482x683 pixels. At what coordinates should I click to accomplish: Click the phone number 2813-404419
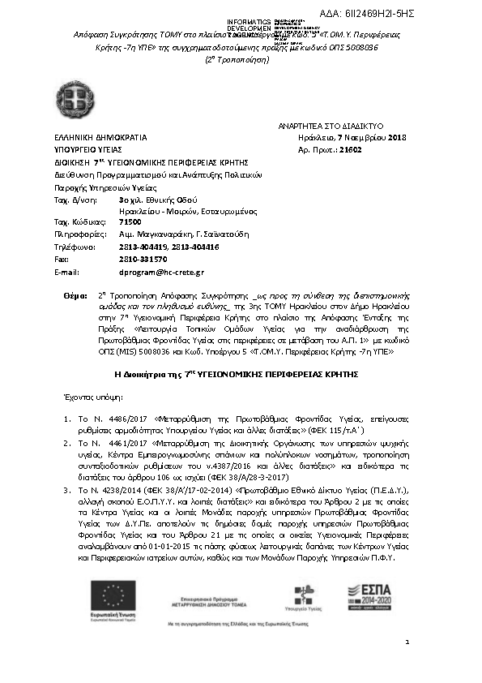(x=142, y=247)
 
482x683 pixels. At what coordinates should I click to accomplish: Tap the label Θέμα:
(x=75, y=299)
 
